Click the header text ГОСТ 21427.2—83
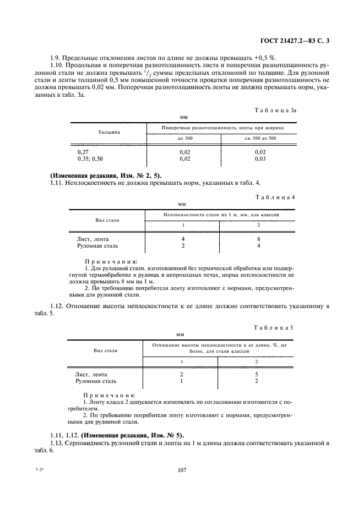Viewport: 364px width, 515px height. coord(295,40)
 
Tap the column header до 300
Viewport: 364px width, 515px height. coord(185,138)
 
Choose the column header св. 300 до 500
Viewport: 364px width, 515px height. coord(260,138)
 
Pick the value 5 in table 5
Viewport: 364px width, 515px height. coord(256,374)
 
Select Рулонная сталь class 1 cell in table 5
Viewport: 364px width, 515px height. coord(182,381)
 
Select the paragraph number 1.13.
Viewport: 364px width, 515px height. coord(57,443)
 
